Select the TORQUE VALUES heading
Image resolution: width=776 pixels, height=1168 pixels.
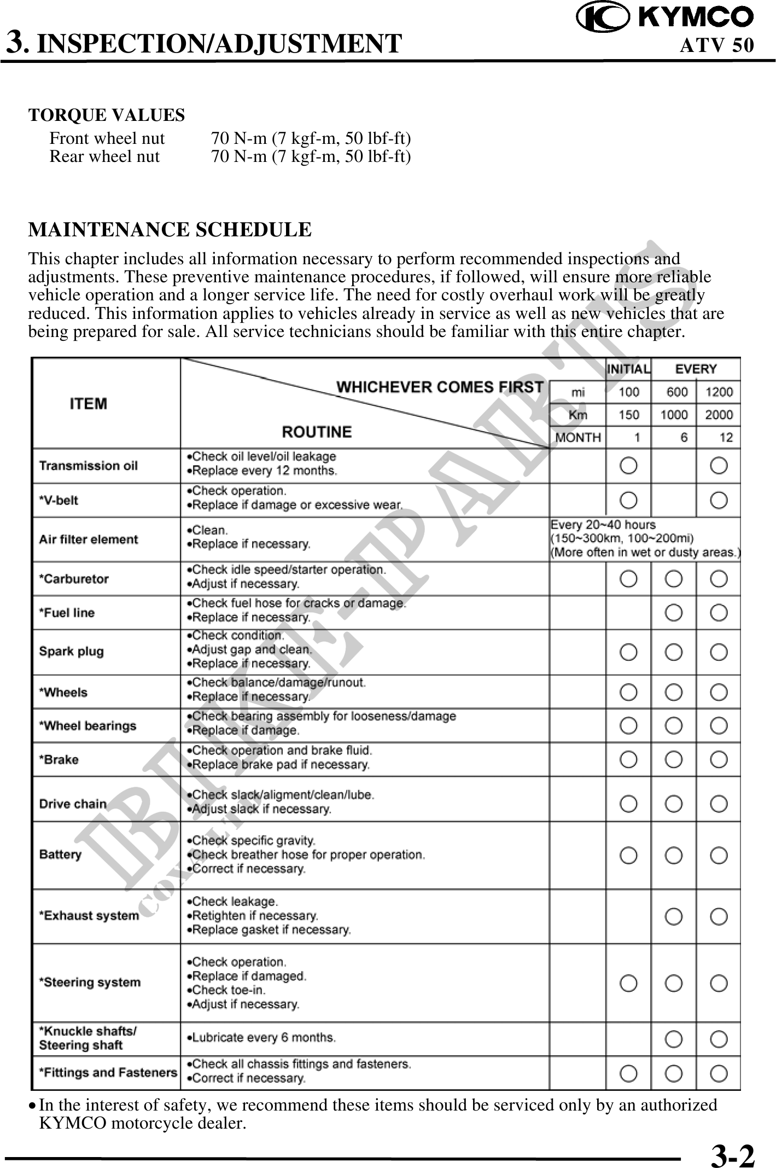tap(107, 115)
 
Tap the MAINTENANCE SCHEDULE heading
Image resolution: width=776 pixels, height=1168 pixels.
tap(170, 230)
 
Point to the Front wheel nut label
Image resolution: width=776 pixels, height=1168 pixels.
tap(107, 138)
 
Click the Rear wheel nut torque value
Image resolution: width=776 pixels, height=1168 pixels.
tap(311, 157)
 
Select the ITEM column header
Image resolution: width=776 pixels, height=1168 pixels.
tap(89, 404)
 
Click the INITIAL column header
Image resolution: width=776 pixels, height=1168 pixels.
tap(628, 369)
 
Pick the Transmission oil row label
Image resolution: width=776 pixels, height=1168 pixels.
tap(88, 466)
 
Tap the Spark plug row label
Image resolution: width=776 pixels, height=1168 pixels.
tap(71, 652)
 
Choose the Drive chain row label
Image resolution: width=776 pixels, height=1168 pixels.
tap(73, 804)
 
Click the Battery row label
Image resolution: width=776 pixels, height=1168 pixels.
tap(60, 855)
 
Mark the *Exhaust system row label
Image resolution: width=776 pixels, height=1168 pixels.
tap(89, 916)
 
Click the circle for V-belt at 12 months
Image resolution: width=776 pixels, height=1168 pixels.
tap(719, 499)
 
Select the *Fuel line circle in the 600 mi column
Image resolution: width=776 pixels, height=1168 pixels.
tap(674, 613)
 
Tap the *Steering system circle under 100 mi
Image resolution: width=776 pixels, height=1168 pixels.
tap(629, 983)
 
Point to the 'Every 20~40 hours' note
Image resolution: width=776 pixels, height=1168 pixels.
tap(603, 525)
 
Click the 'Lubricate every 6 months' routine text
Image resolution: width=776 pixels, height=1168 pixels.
tap(261, 1037)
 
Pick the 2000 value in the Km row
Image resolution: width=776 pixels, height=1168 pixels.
tap(719, 415)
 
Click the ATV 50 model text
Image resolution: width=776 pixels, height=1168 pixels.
tap(716, 45)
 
